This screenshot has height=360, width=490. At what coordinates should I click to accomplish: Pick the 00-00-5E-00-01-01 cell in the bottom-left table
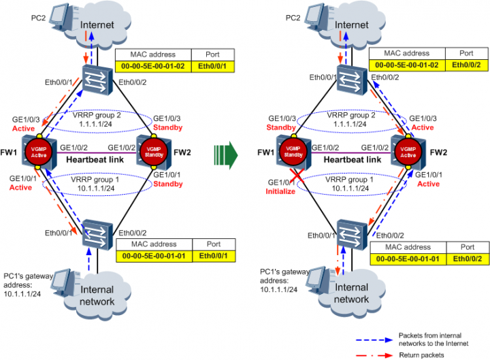click(x=150, y=255)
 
